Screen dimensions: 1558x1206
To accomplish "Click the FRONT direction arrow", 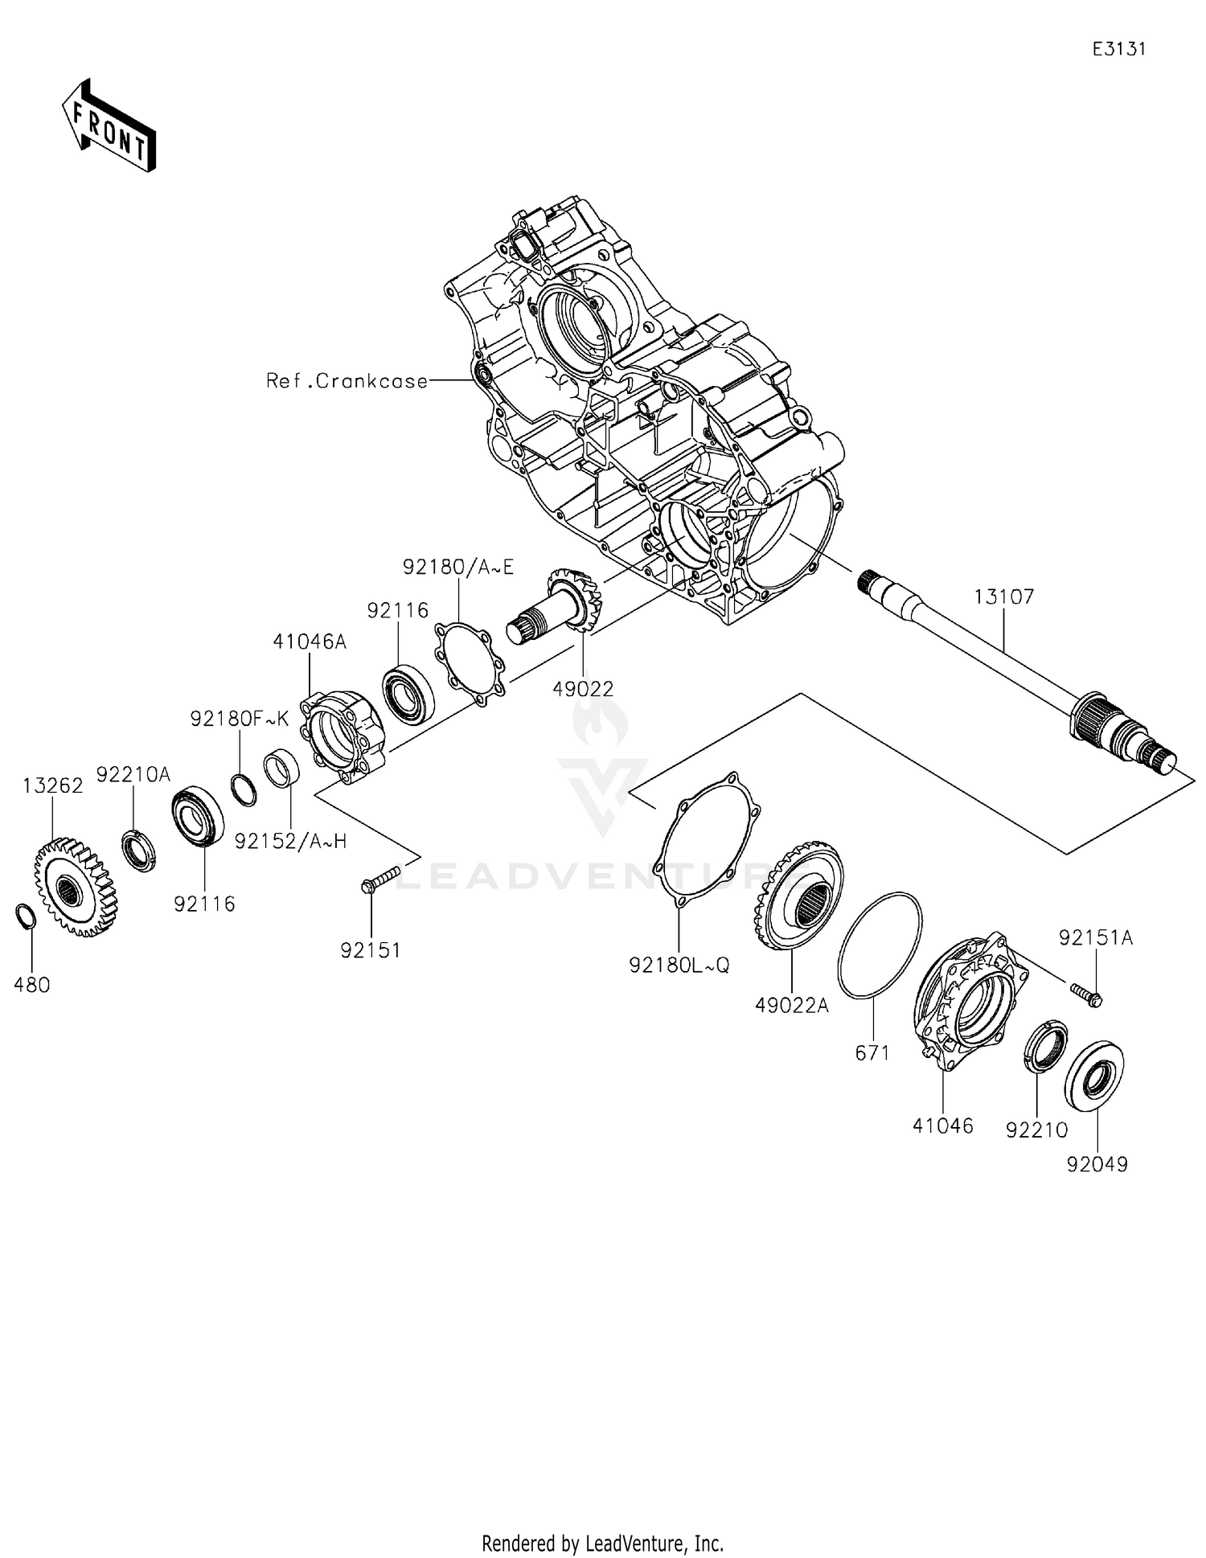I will click(x=109, y=127).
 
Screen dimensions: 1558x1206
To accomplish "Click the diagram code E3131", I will click(x=1118, y=49).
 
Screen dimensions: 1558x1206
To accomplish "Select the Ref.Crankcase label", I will click(x=347, y=380).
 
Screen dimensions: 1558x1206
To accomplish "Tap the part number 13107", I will click(x=1003, y=597).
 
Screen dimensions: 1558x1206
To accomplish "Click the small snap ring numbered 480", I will click(x=25, y=916).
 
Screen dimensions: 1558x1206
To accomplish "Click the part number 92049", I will click(x=1097, y=1163).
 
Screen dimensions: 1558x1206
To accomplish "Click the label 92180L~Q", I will click(x=679, y=966).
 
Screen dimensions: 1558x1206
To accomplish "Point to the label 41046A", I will click(x=310, y=641).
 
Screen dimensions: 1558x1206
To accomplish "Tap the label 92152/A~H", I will click(x=290, y=841).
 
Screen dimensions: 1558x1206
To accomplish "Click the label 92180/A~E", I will click(x=457, y=566).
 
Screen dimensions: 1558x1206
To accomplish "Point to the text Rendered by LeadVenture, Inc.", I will click(x=602, y=1543).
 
